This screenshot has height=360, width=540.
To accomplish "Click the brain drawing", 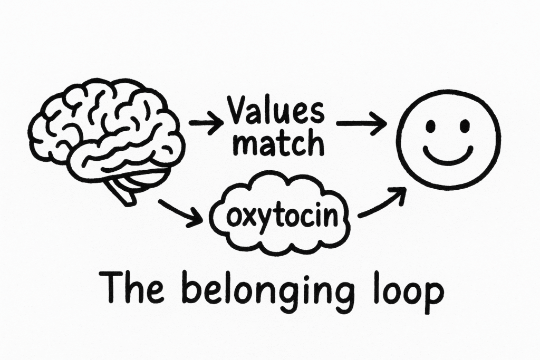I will (x=105, y=132).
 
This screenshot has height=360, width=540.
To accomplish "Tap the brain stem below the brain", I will (x=122, y=193).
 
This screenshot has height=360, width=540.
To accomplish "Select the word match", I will (x=278, y=142).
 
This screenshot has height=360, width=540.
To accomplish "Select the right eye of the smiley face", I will (x=464, y=126).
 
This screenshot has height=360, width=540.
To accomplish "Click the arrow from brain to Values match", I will (x=206, y=123).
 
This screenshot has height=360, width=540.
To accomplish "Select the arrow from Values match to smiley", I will (x=361, y=124).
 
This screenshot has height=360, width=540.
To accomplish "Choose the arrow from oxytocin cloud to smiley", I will (x=382, y=203).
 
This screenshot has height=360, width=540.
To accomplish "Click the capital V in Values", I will (x=236, y=112).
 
